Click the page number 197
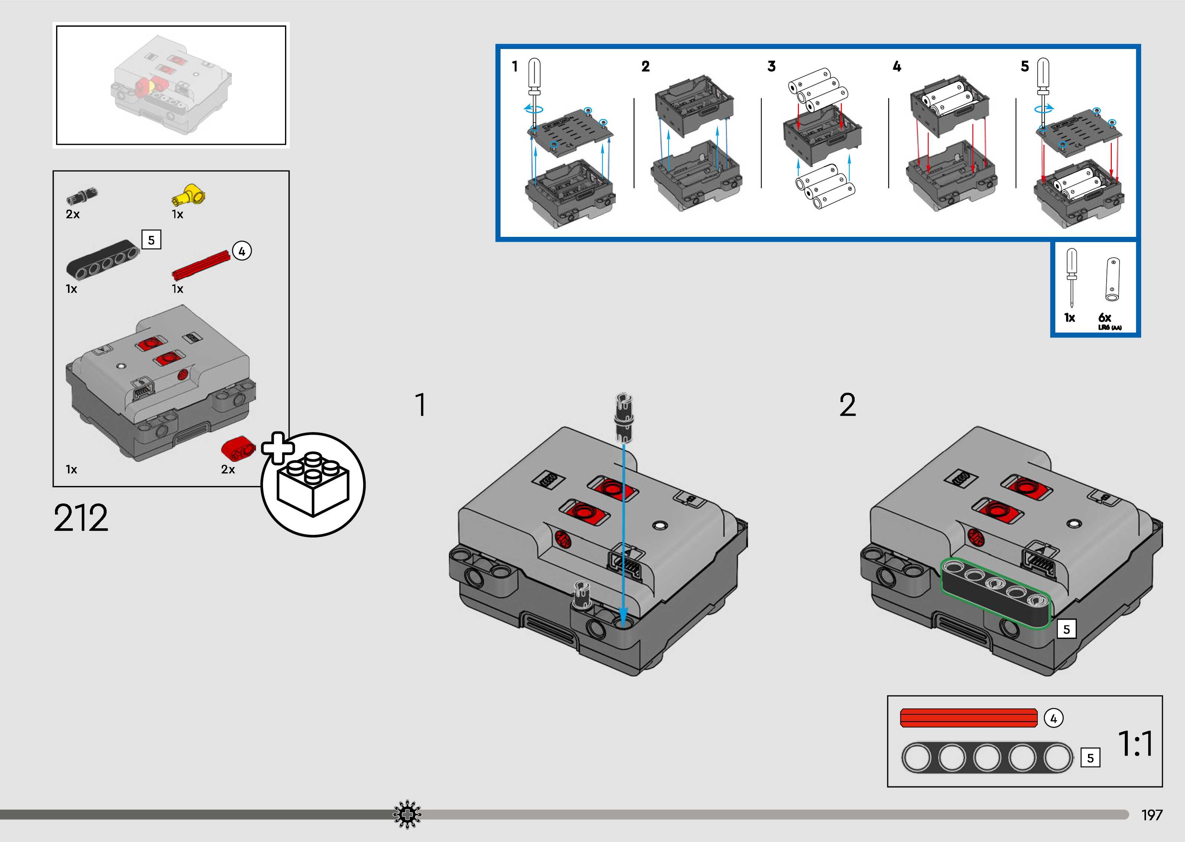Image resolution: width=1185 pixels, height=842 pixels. coord(1152,815)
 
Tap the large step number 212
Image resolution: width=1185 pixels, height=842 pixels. coord(81,518)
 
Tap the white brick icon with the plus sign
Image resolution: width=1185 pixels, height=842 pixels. coord(313,484)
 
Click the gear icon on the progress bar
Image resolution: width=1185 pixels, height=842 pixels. coord(407,815)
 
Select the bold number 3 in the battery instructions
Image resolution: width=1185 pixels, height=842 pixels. coord(771,66)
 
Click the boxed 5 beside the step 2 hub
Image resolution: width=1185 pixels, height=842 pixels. coord(1067,629)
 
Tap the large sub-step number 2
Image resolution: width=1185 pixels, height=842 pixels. coord(847,405)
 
